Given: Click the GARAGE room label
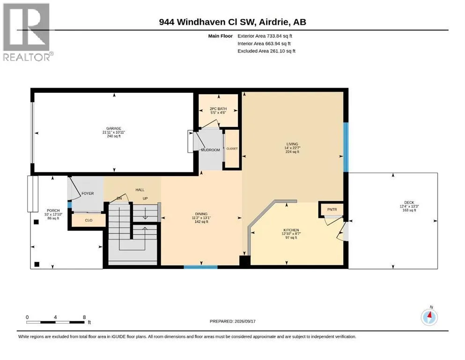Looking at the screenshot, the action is click(114, 128).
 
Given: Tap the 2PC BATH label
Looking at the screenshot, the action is click(218, 109).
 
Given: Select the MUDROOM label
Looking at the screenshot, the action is click(211, 150).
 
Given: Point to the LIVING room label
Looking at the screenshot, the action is click(292, 144).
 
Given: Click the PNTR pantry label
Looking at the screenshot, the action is click(332, 210).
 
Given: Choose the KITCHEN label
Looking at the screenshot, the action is click(291, 230).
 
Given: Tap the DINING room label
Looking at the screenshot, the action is click(201, 214).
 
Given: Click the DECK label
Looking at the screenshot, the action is click(409, 202).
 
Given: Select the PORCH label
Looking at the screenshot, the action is click(53, 210).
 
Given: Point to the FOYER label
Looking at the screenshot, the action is click(88, 194).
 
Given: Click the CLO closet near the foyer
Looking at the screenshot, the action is click(89, 220).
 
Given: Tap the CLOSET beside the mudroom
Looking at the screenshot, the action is click(232, 149).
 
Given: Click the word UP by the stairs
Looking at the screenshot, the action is click(145, 198).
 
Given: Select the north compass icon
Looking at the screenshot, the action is click(429, 317).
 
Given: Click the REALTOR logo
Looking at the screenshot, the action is click(27, 32).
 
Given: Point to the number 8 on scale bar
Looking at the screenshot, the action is click(84, 317).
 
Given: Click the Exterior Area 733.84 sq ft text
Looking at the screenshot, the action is click(265, 36).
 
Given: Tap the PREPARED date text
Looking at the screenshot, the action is click(232, 321).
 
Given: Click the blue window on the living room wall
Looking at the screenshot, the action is click(346, 147).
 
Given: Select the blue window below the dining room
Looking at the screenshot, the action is click(201, 267).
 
